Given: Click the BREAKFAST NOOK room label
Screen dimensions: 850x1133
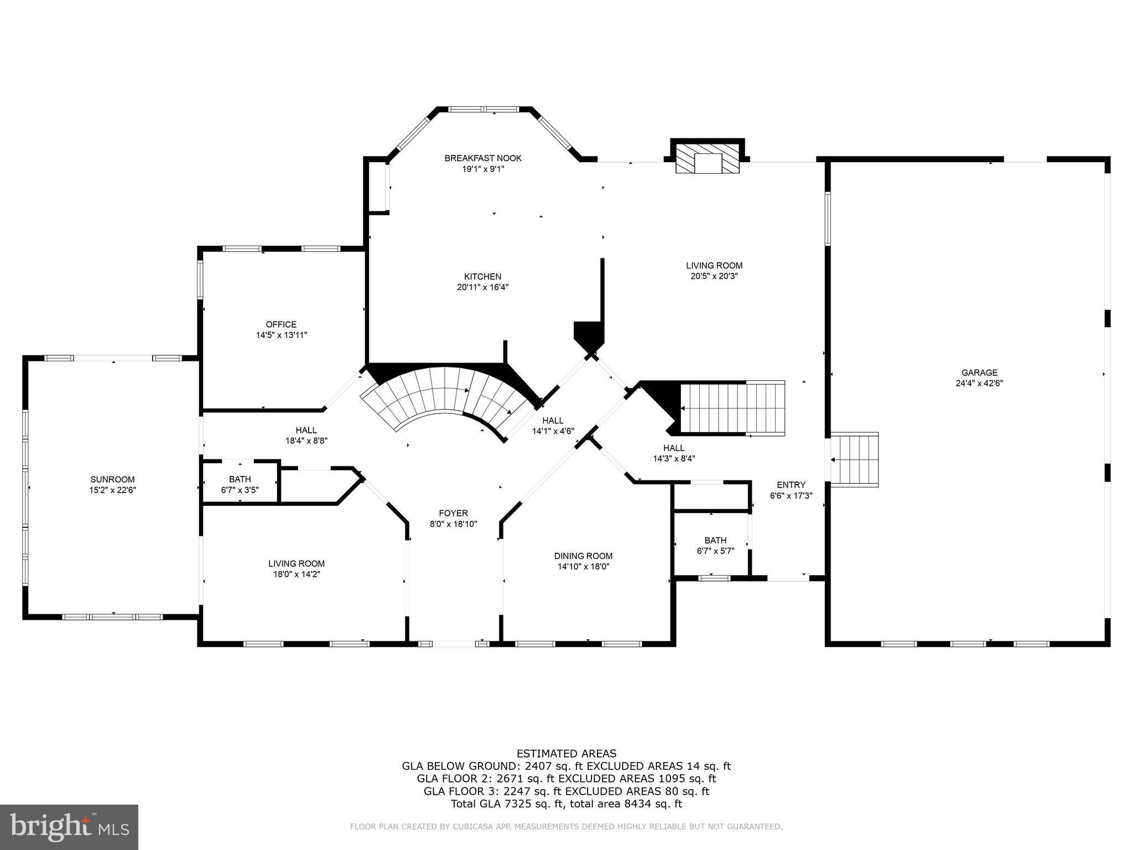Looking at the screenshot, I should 483,158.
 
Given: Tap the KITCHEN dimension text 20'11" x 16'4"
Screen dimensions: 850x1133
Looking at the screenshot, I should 482,287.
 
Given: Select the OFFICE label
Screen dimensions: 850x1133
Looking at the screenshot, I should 281,324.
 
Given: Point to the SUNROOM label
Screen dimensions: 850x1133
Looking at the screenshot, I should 112,479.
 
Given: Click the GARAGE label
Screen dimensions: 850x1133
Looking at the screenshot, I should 979,372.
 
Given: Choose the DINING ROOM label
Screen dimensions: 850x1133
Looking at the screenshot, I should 583,556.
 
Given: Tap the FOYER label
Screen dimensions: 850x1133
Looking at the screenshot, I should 453,513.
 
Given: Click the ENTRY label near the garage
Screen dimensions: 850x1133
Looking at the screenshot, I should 791,485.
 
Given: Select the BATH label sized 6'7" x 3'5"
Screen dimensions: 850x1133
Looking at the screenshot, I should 240,479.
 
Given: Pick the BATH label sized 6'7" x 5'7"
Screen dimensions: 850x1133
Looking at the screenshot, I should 715,540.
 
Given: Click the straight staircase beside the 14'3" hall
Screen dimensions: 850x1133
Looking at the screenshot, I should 730,408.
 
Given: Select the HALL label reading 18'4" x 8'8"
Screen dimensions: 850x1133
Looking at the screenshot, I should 306,430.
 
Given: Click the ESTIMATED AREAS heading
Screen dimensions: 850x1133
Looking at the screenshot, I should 566,753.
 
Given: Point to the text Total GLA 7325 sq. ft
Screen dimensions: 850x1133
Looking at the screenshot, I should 507,804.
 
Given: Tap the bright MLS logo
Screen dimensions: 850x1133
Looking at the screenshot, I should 69,826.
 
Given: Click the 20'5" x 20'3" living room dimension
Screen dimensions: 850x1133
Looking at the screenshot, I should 714,276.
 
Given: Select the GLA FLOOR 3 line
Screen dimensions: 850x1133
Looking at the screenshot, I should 566,791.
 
